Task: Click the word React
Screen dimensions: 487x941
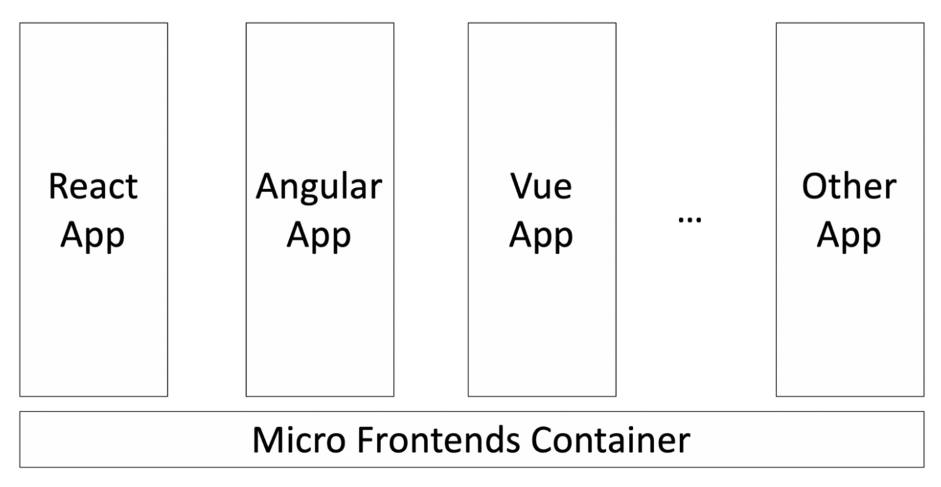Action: point(93,186)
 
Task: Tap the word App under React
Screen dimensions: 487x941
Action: point(93,236)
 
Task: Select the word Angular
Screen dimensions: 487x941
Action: point(319,188)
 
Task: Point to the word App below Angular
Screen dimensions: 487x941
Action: point(319,236)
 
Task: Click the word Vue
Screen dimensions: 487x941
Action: point(541,186)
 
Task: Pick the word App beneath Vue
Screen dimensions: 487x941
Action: point(541,236)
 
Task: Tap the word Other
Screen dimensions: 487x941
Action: point(849,186)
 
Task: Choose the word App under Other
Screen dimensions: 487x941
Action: point(849,236)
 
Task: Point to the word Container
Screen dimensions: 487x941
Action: point(612,440)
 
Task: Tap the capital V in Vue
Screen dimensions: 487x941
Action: point(520,186)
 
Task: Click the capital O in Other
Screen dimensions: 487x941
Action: point(814,186)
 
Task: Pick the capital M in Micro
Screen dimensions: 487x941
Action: point(266,440)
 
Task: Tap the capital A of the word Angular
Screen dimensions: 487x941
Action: point(268,186)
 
